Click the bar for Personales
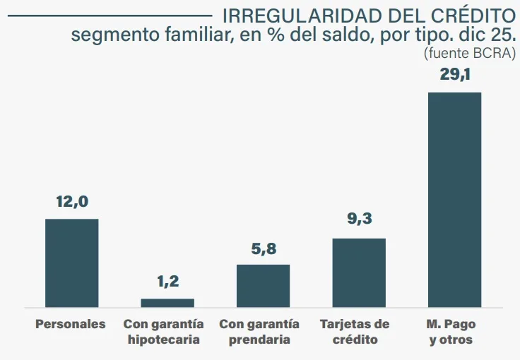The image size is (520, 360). point(72,263)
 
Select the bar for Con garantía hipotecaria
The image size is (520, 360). point(167,303)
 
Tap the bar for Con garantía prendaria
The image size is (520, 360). point(263,286)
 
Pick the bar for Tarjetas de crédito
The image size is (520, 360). point(359,272)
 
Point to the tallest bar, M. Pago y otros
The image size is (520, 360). point(454,200)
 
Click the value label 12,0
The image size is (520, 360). point(72,202)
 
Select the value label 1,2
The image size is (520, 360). point(167,282)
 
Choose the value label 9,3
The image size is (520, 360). point(359,220)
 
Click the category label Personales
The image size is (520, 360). point(71,324)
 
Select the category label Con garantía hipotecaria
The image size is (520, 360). point(164,332)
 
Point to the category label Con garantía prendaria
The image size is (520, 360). point(259,332)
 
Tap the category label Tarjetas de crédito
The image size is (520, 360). point(355,332)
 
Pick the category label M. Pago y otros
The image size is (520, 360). point(451,332)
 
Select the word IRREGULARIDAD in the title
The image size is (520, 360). point(304,15)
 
